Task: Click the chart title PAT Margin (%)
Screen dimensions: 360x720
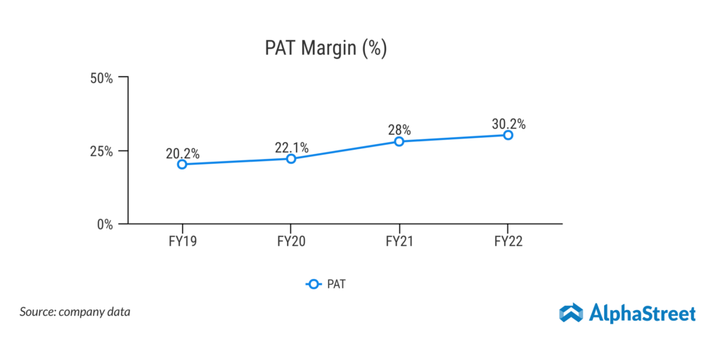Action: point(326,49)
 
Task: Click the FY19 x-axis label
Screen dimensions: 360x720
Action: point(182,243)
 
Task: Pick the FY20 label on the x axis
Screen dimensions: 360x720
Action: point(291,243)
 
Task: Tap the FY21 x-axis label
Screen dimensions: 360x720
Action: point(399,243)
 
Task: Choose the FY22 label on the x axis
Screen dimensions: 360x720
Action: point(508,243)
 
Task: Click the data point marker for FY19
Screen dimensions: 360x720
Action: point(182,165)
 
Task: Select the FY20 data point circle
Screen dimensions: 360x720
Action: point(291,159)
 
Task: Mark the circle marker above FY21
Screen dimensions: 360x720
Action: point(399,141)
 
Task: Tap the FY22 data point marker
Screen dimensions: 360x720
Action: point(508,135)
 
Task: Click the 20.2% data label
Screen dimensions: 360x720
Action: point(183,153)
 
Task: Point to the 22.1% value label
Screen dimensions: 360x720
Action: point(291,147)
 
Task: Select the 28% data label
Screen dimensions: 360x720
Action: point(399,129)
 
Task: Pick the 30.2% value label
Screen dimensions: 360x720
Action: point(508,123)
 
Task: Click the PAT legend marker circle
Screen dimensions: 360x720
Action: point(314,284)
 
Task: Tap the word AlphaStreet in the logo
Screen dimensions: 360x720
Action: point(642,314)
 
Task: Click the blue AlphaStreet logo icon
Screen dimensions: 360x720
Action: point(571,314)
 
